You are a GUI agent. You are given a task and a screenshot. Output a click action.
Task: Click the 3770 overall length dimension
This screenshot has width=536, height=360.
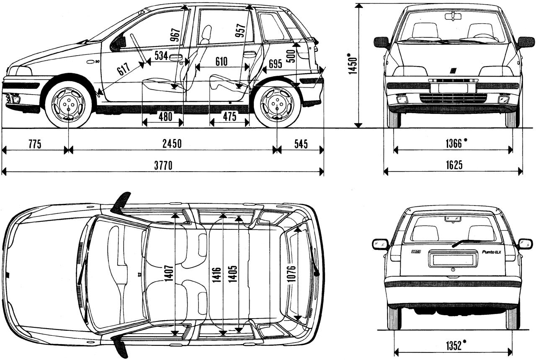click(x=163, y=166)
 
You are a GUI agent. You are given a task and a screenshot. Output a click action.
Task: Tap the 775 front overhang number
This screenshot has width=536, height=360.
click(x=34, y=144)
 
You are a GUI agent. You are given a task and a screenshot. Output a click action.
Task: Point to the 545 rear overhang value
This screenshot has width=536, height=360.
click(x=301, y=144)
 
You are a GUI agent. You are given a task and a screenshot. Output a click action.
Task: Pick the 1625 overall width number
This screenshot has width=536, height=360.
click(x=454, y=165)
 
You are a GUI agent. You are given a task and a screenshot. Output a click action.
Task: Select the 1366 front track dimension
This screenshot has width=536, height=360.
click(x=455, y=144)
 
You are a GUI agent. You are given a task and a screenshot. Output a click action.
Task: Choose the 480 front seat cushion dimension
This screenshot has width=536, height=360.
click(x=165, y=117)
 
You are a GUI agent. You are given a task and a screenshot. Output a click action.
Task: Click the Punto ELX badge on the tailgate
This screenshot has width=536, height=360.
click(x=491, y=252)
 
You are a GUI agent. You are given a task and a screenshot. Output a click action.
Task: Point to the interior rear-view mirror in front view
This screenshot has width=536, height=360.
click(x=454, y=16)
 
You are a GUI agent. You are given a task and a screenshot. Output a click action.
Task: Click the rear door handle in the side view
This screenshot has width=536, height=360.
click(x=250, y=54)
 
